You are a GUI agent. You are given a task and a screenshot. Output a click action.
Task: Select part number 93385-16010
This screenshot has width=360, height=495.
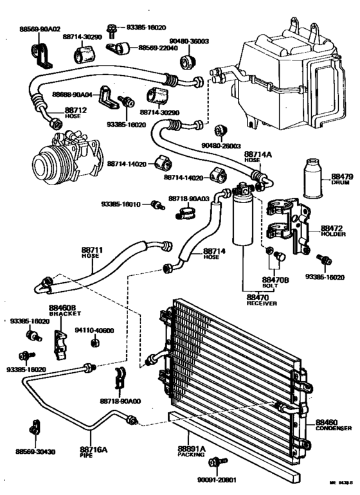point(121,204)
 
